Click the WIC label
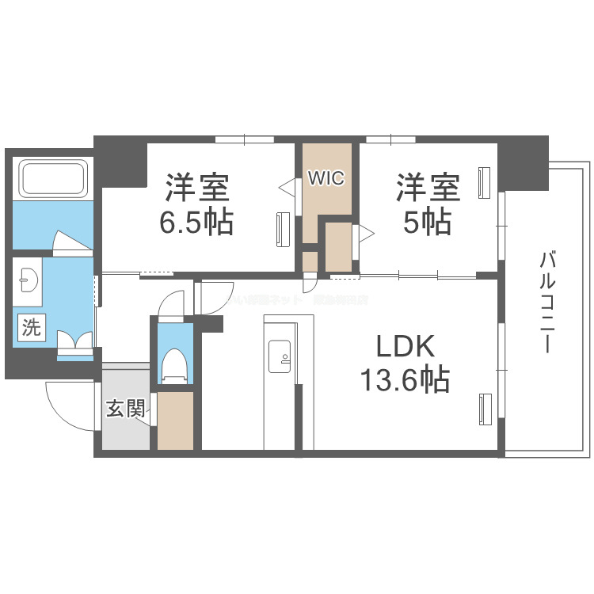[326, 178]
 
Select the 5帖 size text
[428, 223]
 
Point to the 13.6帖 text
[406, 381]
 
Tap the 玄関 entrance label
[125, 409]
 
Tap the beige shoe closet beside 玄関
[175, 420]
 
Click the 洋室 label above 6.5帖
[197, 188]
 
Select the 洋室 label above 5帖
[428, 188]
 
